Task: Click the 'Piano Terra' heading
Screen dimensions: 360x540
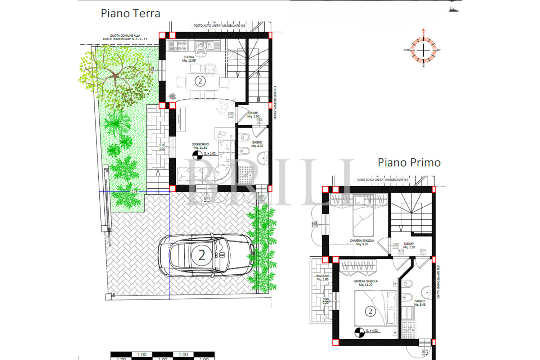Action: tap(130, 14)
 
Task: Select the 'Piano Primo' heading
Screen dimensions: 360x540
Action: tap(409, 163)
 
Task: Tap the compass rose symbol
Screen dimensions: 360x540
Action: tap(423, 50)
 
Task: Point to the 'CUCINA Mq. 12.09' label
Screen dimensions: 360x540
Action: tap(189, 59)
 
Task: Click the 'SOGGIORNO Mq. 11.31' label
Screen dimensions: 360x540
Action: tap(200, 146)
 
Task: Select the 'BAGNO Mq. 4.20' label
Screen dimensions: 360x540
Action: tap(257, 144)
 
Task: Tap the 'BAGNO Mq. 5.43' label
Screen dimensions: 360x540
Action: tap(419, 303)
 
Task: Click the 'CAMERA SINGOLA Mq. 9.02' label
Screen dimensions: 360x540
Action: tap(362, 242)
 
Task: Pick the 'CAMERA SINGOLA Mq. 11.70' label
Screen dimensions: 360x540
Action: tap(365, 283)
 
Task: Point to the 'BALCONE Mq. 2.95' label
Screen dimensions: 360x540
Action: tap(323, 278)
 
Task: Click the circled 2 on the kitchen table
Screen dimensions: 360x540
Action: tap(200, 81)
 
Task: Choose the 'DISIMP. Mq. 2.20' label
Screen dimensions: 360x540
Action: tap(409, 246)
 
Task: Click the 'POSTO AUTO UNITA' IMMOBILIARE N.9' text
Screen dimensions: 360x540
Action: tap(219, 26)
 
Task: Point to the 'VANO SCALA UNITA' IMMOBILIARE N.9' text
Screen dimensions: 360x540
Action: tap(383, 180)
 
